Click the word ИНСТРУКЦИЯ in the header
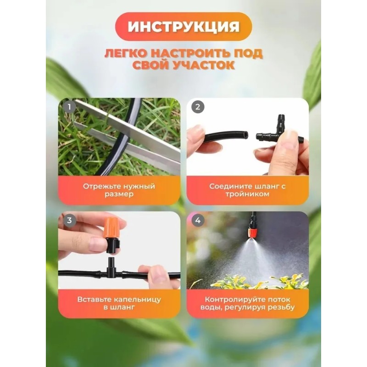pyautogui.click(x=183, y=26)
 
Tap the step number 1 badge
pyautogui.click(x=69, y=107)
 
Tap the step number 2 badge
pyautogui.click(x=198, y=107)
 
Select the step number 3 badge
pyautogui.click(x=69, y=220)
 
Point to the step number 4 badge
pyautogui.click(x=198, y=220)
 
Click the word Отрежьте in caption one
pyautogui.click(x=100, y=186)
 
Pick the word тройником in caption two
pyautogui.click(x=248, y=194)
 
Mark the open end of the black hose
pyautogui.click(x=245, y=135)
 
